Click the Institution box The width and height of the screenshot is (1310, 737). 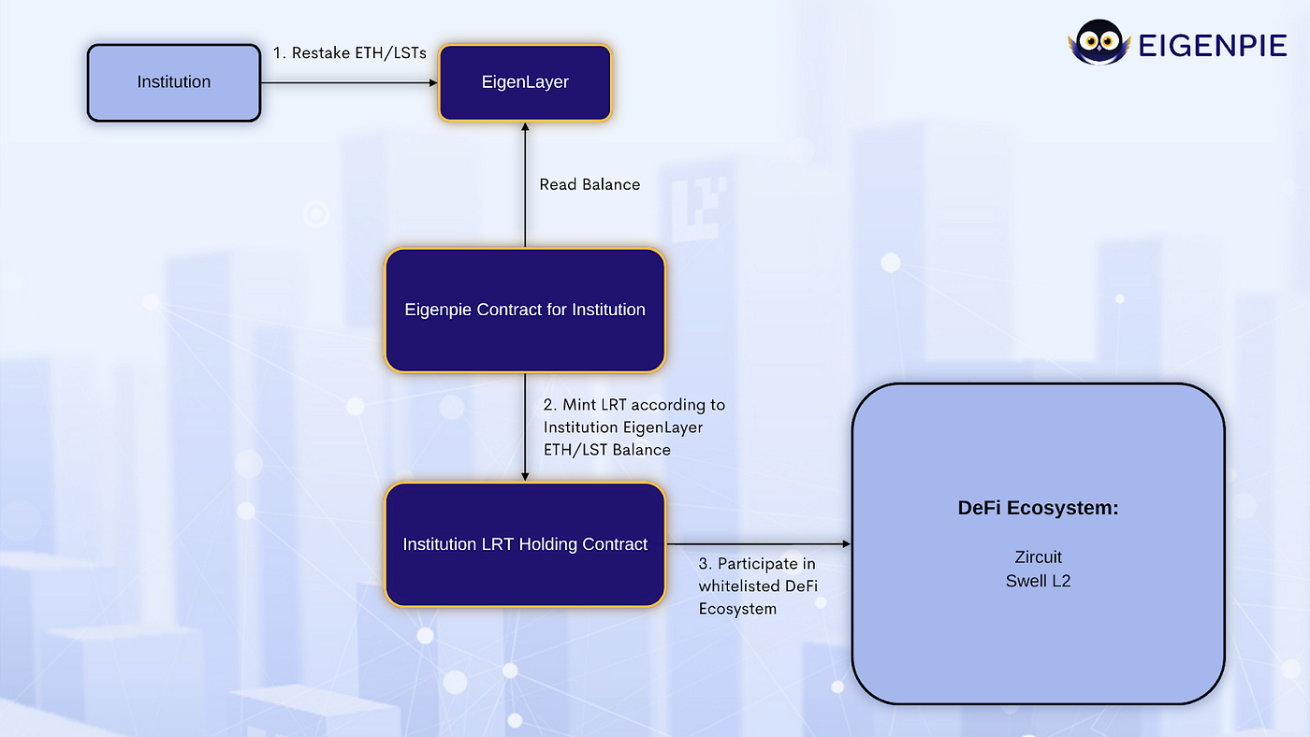(174, 82)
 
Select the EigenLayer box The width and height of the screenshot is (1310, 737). (525, 82)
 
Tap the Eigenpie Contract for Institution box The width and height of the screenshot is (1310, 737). (525, 310)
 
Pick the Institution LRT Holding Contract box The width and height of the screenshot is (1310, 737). (525, 544)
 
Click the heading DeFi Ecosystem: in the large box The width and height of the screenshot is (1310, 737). (1038, 509)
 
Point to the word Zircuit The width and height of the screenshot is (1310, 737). (1038, 557)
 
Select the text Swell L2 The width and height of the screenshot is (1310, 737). (1038, 581)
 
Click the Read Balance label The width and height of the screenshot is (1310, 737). (589, 185)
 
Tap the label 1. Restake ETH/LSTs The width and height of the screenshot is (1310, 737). (350, 53)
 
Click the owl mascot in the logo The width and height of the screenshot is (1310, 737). (1099, 44)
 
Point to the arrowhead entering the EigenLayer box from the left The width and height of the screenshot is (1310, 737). (433, 83)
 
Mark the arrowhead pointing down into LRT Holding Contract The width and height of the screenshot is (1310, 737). (525, 476)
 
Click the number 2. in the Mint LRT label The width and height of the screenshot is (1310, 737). (550, 405)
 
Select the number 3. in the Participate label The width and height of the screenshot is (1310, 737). (706, 565)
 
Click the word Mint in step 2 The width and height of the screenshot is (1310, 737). (580, 405)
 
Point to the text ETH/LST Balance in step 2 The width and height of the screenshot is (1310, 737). (607, 450)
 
